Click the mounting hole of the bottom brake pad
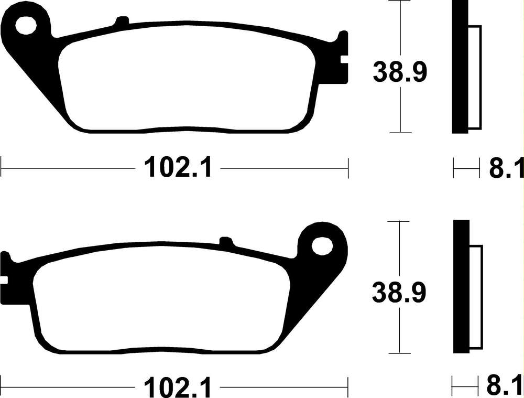tap(322, 245)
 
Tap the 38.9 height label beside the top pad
tap(400, 72)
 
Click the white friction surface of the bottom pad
tap(162, 307)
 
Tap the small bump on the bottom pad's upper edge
tap(226, 241)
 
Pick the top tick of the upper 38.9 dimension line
tap(400, 2)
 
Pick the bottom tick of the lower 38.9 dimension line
tap(400, 352)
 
